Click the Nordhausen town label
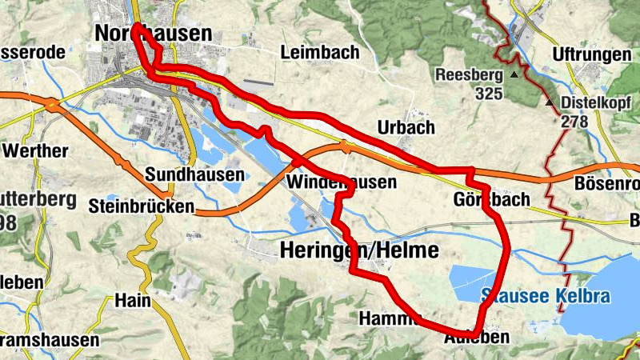(x=153, y=34)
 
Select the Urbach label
(x=406, y=128)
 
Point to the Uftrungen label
(x=591, y=54)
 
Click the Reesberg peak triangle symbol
(x=514, y=74)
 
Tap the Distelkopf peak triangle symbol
(x=550, y=103)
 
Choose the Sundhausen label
(x=194, y=174)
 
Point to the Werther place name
(x=36, y=151)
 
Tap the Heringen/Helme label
(x=360, y=251)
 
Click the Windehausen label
(x=341, y=183)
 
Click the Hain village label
(x=133, y=301)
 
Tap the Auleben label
(x=475, y=338)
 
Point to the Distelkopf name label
(x=596, y=103)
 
